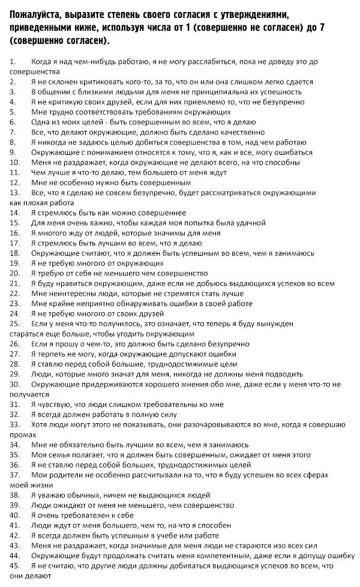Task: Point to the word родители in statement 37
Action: pos(67,474)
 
